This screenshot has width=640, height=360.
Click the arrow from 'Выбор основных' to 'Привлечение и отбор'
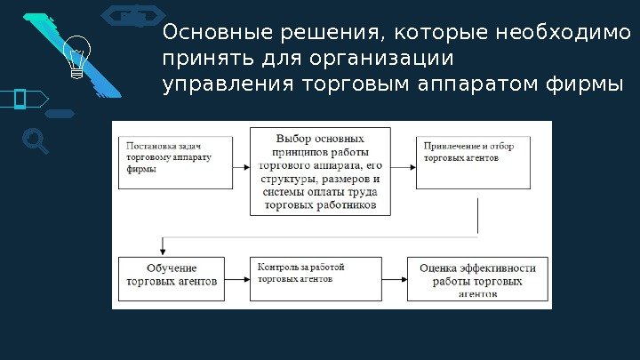point(404,166)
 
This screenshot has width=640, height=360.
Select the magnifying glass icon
point(34,140)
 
